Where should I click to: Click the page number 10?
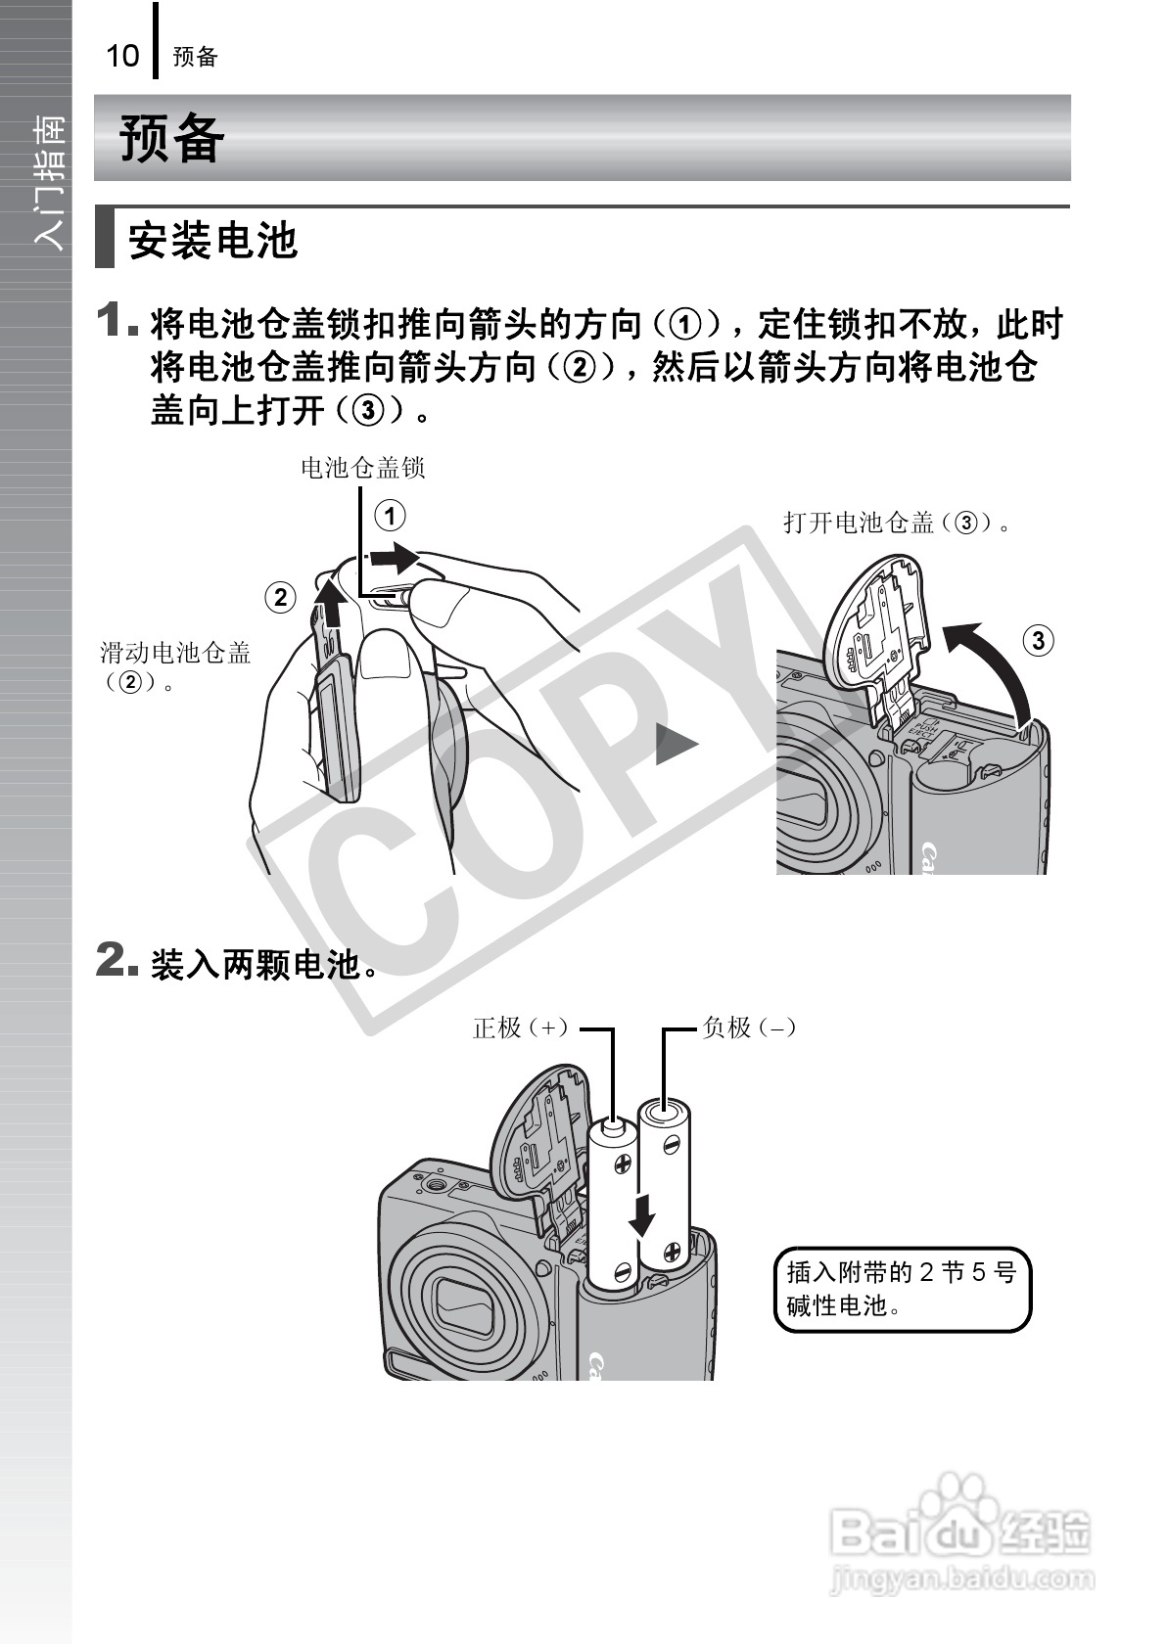(122, 56)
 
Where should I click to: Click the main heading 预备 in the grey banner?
(172, 138)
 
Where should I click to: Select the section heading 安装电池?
(212, 240)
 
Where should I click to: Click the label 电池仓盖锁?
(362, 468)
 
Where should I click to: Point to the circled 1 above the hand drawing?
(390, 516)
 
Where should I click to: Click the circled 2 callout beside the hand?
(281, 597)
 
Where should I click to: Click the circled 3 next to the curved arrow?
(1038, 641)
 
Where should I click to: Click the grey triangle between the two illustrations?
(676, 746)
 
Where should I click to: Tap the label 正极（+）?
(521, 1027)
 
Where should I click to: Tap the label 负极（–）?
(749, 1027)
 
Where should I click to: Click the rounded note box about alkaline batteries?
(902, 1289)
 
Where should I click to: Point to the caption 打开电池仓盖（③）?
(897, 523)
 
